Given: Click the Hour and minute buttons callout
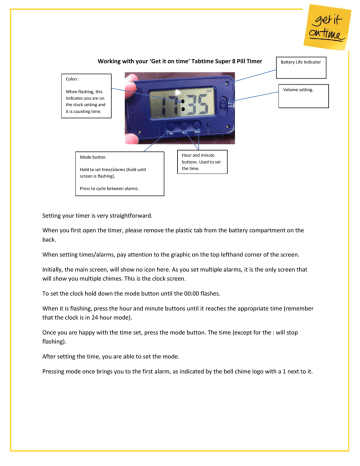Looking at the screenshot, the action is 203,162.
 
